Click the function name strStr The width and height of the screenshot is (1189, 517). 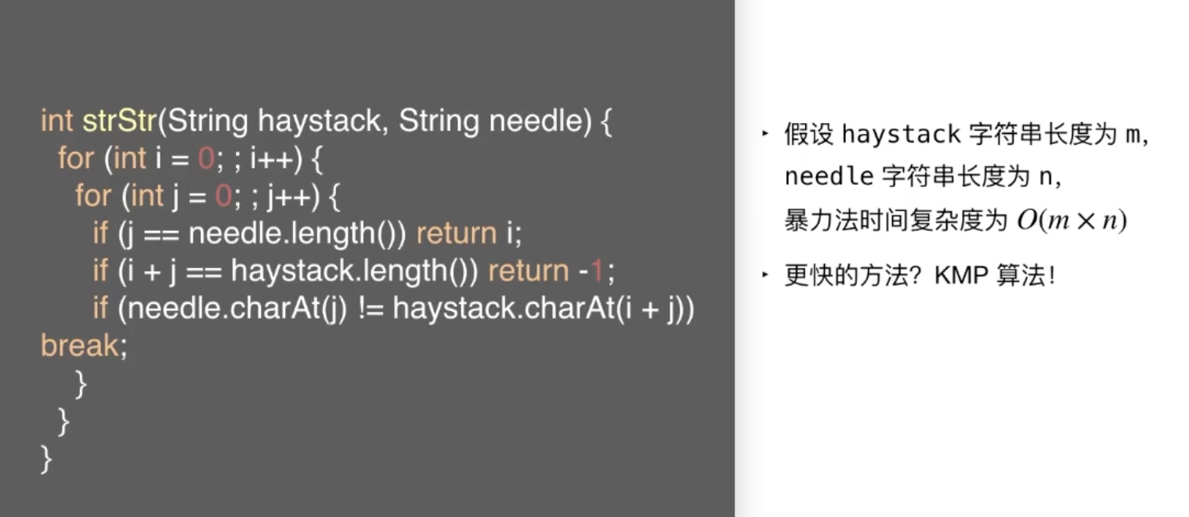(x=119, y=121)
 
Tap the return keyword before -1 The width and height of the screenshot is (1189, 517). (x=529, y=271)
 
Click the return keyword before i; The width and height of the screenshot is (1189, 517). (x=457, y=233)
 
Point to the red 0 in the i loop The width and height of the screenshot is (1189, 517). (x=206, y=158)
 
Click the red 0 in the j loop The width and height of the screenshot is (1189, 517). (x=223, y=196)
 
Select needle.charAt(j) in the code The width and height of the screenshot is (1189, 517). (x=237, y=309)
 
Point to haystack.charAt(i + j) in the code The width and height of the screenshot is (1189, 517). (x=539, y=309)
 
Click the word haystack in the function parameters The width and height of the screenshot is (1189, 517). (x=320, y=121)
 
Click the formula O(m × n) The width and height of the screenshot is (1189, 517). (x=1072, y=220)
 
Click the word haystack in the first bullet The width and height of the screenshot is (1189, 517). (x=902, y=134)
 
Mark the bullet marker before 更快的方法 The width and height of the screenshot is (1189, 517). (x=765, y=274)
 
